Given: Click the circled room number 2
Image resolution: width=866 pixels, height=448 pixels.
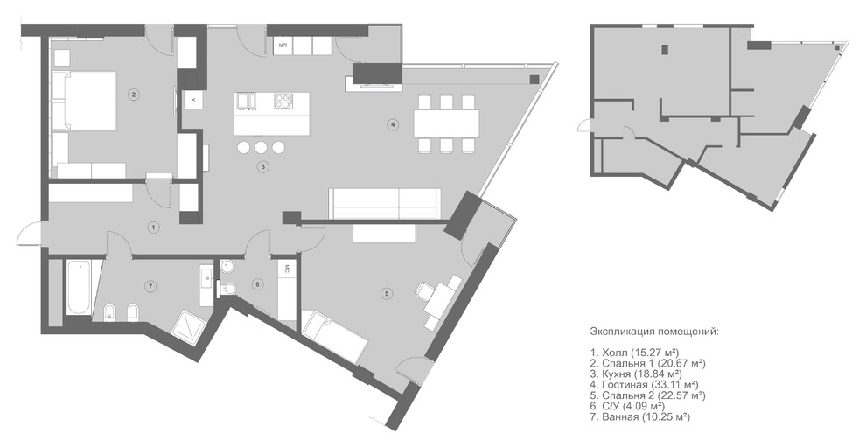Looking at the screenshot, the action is pos(133,94).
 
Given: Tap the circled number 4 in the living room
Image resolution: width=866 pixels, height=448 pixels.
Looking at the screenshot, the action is pos(392,124).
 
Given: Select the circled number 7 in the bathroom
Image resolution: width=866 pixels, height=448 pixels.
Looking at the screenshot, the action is pos(149,286).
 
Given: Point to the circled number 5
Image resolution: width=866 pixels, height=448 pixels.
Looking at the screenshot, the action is pos(387,294).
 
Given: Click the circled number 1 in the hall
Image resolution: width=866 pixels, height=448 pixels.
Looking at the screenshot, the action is pos(154,227).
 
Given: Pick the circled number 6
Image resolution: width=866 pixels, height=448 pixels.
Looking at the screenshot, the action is pos(257,284).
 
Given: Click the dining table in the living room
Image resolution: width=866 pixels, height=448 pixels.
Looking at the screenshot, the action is pos(447,123).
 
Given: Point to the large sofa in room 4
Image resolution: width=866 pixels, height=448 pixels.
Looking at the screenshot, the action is pos(385,204).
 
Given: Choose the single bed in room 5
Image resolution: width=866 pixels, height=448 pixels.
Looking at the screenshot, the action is pos(335,337).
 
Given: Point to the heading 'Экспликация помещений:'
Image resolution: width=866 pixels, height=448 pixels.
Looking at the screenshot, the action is pos(654,332).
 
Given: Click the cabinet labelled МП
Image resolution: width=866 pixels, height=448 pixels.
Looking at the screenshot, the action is pos(283,45).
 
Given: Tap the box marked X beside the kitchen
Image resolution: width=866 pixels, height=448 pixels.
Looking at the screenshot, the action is pos(193,100).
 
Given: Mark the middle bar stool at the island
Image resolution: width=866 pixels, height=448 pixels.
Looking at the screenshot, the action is pos(261,147).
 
